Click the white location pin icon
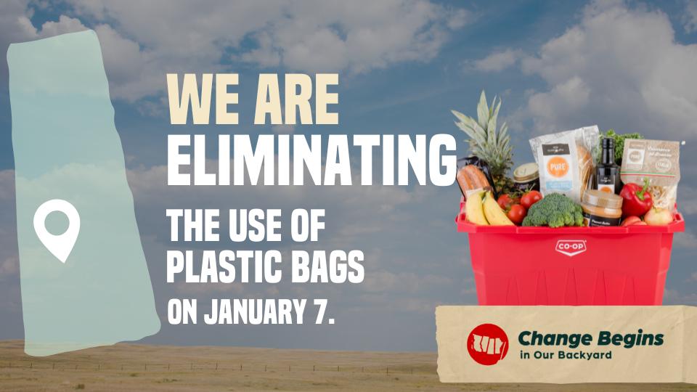[57, 229]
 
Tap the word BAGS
[327, 268]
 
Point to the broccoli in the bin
[553, 211]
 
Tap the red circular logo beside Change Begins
[488, 344]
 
